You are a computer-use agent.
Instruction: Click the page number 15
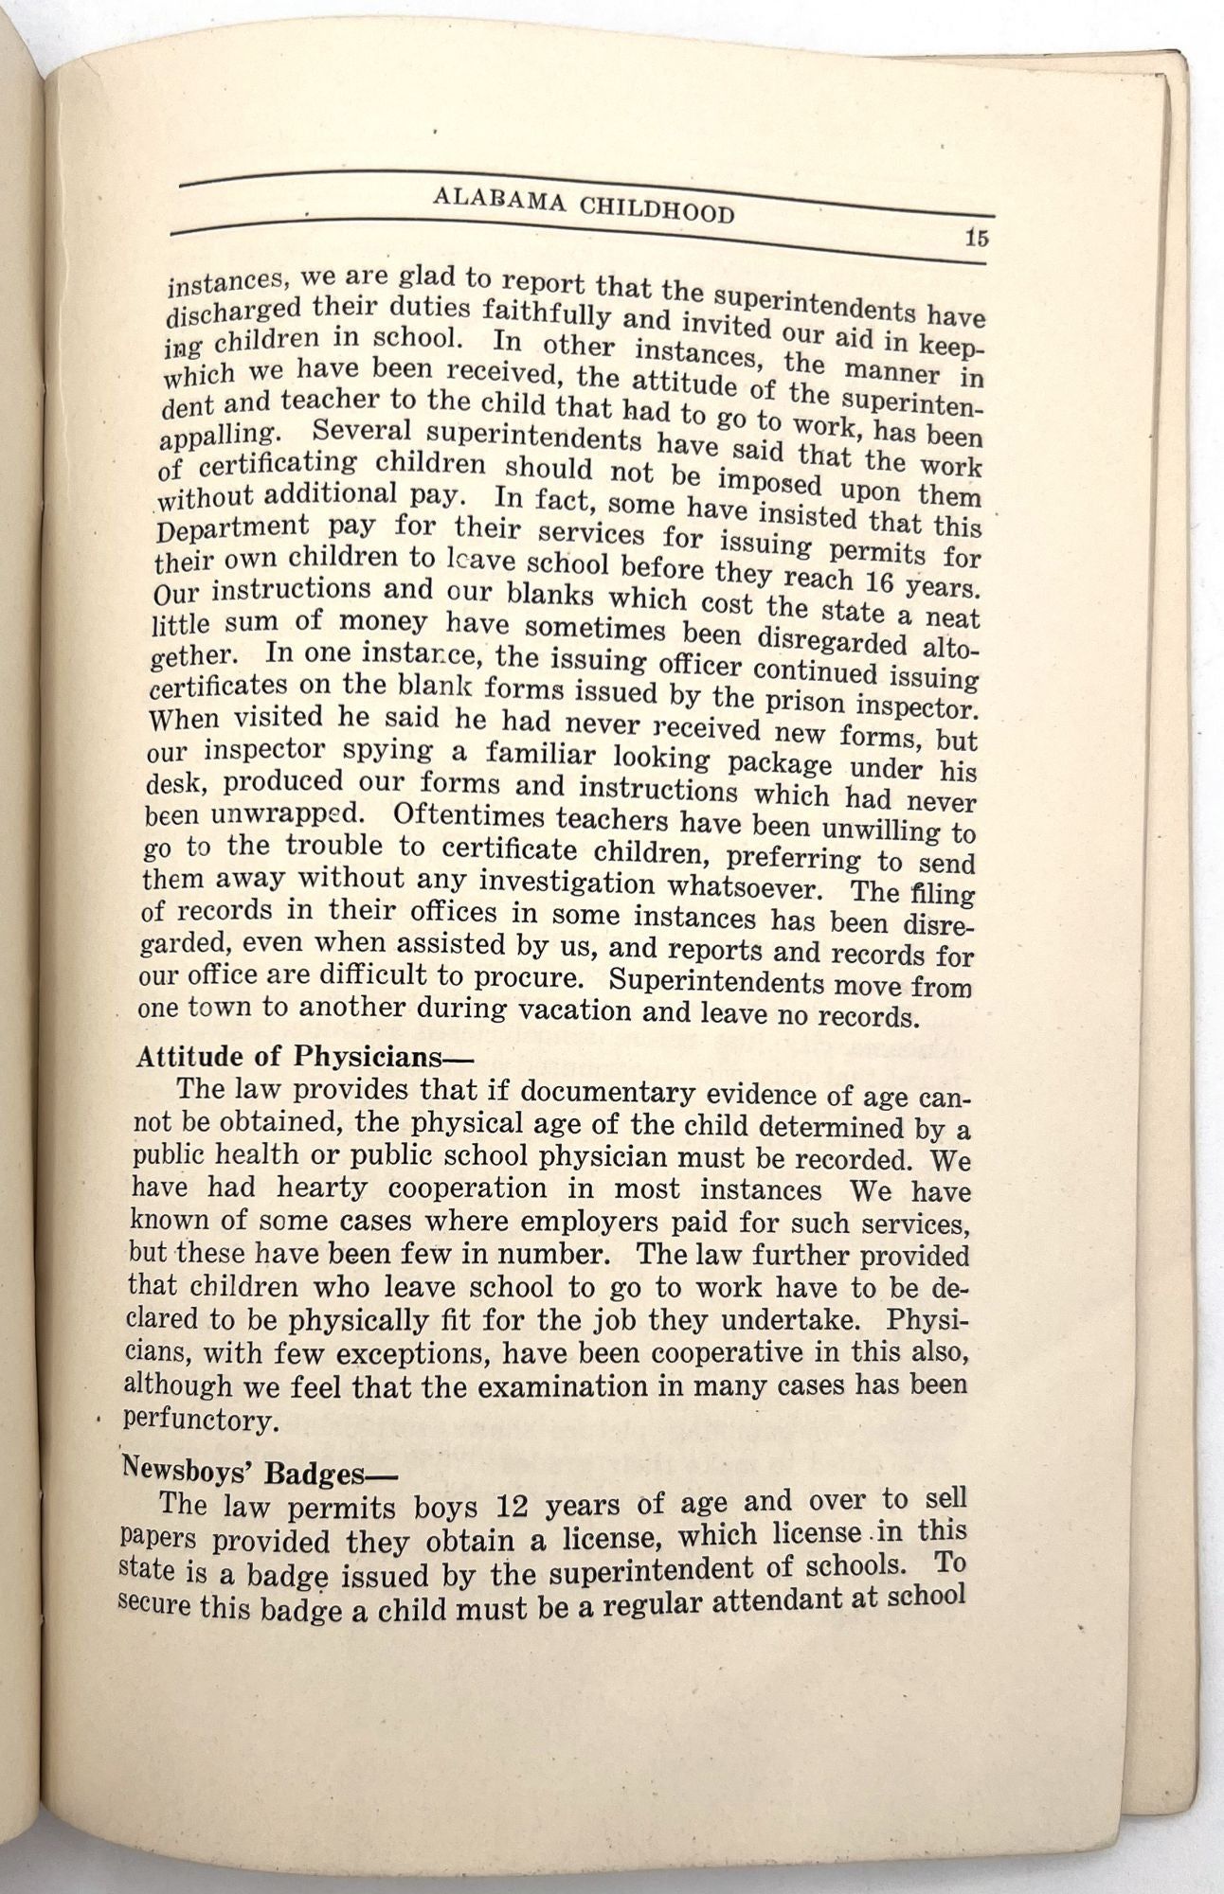tap(977, 238)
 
